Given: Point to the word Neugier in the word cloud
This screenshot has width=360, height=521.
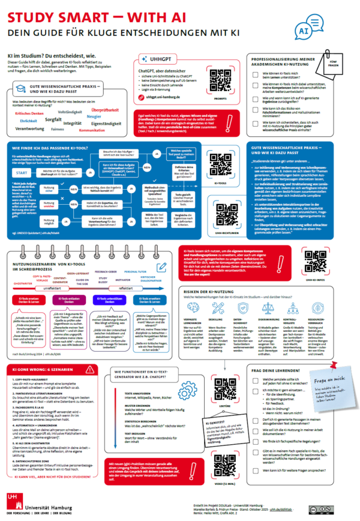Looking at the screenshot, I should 94,116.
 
